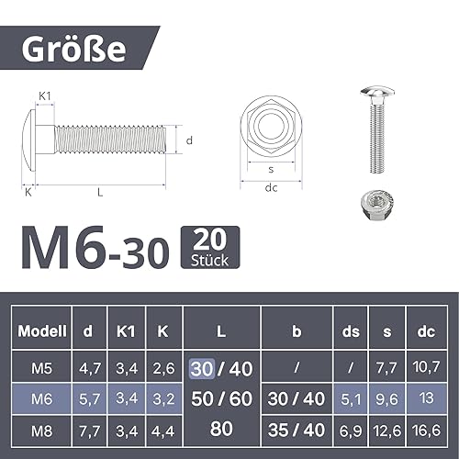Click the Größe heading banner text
(x=73, y=49)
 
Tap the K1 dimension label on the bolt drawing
(x=45, y=96)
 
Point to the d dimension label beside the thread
(x=189, y=140)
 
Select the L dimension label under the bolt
(x=100, y=193)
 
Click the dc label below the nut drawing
(x=271, y=187)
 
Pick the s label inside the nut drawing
(x=271, y=169)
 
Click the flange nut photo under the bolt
(x=376, y=204)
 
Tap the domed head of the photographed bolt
(x=377, y=92)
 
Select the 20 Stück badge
(x=210, y=247)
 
